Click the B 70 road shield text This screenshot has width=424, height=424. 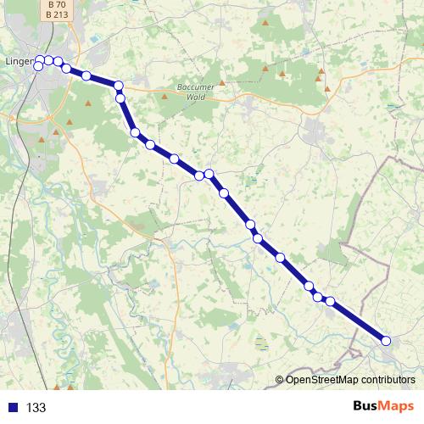pos(57,4)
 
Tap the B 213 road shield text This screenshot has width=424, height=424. pos(57,14)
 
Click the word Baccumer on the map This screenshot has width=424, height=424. pos(197,87)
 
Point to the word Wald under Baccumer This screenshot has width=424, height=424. pos(197,98)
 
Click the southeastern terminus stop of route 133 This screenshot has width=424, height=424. pos(386,341)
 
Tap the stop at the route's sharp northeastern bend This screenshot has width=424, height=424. pos(119,86)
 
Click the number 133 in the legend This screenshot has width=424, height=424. pos(36,408)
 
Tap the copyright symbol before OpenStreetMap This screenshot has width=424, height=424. pos(279,380)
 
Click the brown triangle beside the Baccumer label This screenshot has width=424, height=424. pos(222,83)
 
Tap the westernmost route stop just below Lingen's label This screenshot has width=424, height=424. pos(38,66)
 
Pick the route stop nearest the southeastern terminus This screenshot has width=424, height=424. pos(331,302)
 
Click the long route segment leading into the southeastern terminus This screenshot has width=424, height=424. pos(359,321)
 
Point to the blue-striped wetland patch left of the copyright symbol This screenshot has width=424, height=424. pos(262,343)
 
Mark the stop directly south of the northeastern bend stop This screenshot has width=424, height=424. pos(120,98)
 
